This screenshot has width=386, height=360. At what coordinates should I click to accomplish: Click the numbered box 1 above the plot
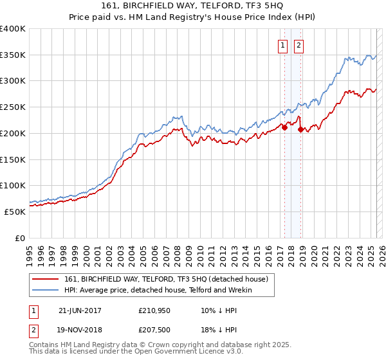[283, 45]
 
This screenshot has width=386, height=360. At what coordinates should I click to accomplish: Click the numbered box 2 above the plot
[299, 45]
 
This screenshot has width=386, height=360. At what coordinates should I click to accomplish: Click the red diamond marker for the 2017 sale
[284, 127]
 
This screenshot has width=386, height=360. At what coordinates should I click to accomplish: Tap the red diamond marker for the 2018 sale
[300, 129]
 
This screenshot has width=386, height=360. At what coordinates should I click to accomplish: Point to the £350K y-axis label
[13, 55]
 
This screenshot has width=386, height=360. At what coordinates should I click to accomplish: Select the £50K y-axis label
[15, 211]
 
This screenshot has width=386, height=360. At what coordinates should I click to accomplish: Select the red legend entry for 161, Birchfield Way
[170, 279]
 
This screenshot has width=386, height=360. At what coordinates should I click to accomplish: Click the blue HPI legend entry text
[158, 290]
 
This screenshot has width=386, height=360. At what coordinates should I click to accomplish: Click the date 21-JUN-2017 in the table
[80, 310]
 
